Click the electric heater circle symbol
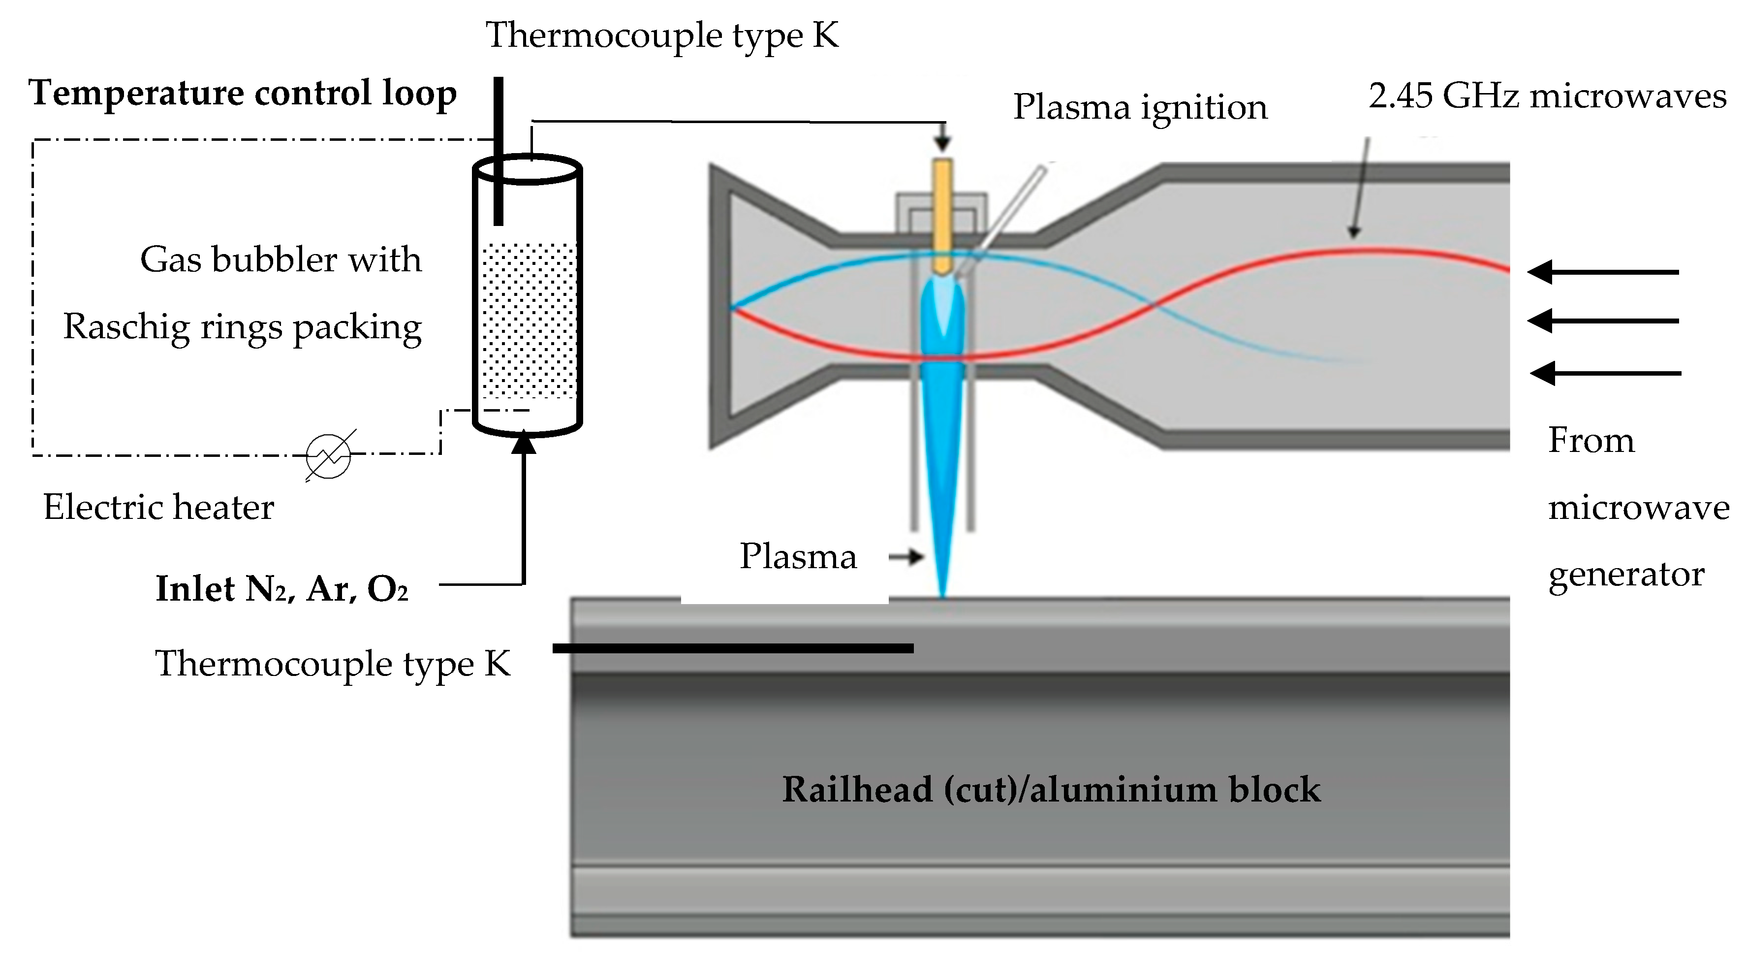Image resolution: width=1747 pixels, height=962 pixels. coord(328,456)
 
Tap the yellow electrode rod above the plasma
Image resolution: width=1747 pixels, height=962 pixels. coord(943,214)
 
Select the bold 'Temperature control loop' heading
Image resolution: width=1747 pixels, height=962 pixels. coord(243,93)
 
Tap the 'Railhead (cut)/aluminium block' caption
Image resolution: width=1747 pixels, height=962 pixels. coord(1051,790)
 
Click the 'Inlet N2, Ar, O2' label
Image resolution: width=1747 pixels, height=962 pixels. coord(282,589)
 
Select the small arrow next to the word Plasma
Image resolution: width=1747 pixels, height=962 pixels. coord(907,557)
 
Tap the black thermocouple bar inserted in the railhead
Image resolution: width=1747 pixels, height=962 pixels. coord(732,648)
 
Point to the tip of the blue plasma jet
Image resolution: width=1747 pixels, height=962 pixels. coord(942,594)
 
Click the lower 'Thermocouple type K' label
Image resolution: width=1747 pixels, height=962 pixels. coord(332,664)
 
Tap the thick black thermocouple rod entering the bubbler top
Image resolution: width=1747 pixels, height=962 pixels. coord(499,149)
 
